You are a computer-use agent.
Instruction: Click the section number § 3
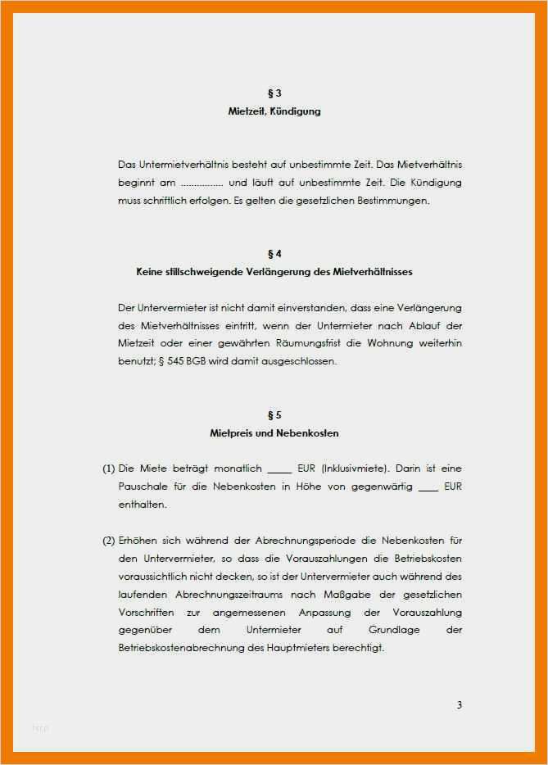[274, 93]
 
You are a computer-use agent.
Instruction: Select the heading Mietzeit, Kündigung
[274, 111]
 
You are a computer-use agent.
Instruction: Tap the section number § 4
[274, 254]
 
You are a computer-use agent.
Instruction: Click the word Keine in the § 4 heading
[151, 271]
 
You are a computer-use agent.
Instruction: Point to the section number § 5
[274, 414]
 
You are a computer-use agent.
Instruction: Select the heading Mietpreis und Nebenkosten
[274, 432]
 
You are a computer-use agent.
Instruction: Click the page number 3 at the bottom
[460, 704]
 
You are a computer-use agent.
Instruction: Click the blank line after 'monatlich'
[279, 470]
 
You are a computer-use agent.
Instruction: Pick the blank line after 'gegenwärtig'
[428, 488]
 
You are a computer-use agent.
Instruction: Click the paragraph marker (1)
[108, 469]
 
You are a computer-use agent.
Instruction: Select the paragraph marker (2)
[108, 541]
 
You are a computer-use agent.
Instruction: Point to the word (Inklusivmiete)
[356, 469]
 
